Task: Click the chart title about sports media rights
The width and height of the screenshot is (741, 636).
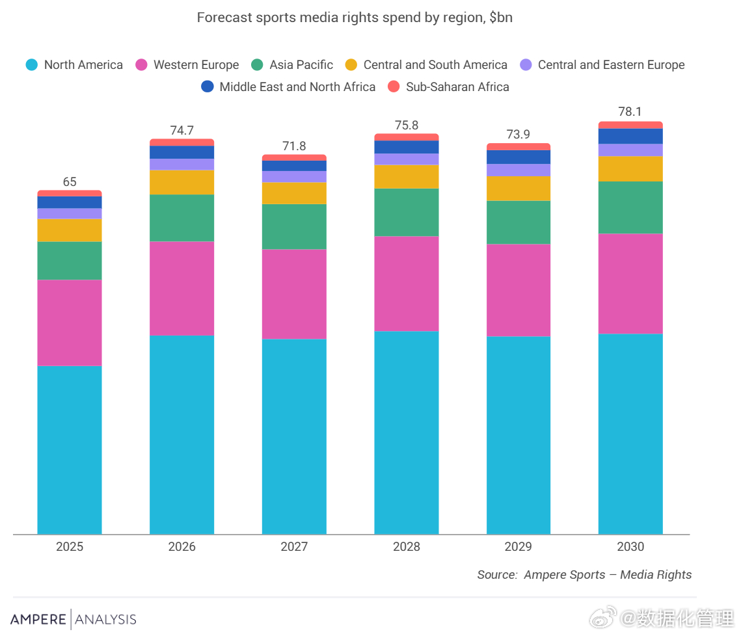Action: point(355,18)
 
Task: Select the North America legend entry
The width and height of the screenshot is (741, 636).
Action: point(74,65)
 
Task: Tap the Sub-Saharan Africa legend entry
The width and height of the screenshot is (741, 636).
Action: point(448,86)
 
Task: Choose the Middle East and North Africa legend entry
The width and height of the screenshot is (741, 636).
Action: point(288,86)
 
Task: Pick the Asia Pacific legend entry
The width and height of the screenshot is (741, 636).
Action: point(292,65)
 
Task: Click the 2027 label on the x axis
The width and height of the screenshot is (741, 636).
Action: point(294,547)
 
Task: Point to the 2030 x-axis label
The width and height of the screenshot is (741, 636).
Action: point(630,547)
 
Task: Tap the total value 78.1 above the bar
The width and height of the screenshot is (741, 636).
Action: point(630,112)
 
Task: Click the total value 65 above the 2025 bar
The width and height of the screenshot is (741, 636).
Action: point(70,182)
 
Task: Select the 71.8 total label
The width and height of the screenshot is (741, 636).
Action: point(294,146)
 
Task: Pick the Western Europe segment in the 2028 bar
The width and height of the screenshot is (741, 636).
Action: point(407,284)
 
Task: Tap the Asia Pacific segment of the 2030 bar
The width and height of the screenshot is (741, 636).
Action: point(630,207)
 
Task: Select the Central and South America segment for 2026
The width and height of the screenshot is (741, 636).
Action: point(182,182)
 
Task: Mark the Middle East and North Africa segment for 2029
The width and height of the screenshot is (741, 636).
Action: point(519,157)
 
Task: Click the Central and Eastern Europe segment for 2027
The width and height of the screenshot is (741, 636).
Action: point(294,177)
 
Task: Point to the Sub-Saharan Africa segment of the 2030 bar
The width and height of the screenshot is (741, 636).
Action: point(630,125)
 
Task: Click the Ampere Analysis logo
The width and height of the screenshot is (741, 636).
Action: point(74,619)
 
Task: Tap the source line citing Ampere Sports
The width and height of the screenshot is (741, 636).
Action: point(584,575)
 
